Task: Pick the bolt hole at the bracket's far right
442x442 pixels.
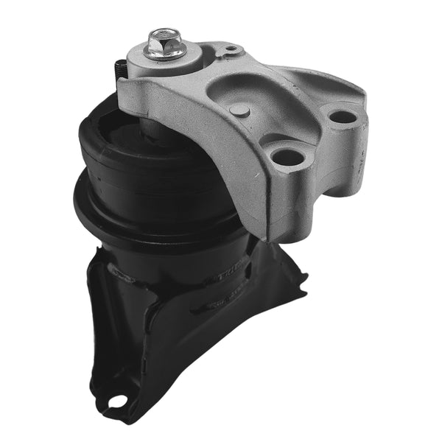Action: pos(340,116)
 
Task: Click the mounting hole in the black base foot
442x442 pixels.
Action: pos(115,401)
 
